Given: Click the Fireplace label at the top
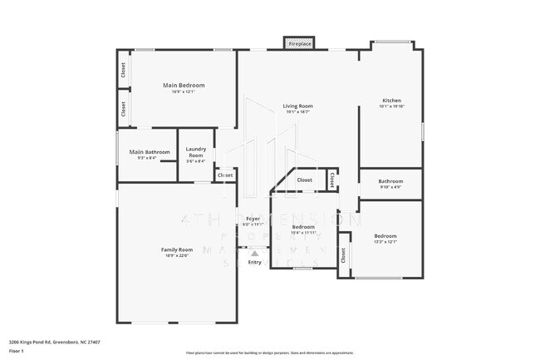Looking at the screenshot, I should pos(300,42).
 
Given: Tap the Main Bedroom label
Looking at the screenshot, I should pos(184,86).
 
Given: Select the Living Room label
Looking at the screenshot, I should pos(297,106).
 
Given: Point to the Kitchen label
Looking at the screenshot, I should pos(390,101).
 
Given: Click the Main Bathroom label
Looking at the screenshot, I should pos(150,152).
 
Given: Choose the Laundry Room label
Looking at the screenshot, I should pos(195,152).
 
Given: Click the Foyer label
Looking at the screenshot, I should pos(253,219).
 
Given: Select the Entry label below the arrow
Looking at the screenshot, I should pos(254,263).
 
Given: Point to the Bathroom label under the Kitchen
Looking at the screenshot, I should pos(390,181).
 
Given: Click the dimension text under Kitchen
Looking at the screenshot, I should pos(390,107).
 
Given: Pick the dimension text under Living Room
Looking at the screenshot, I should pos(297,112).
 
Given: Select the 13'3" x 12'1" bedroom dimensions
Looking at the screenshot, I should pos(385,243).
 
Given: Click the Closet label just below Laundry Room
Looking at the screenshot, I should pos(225,175).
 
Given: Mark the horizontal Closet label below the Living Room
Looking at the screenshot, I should pos(305,180).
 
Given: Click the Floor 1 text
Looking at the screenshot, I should pos(17,351).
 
